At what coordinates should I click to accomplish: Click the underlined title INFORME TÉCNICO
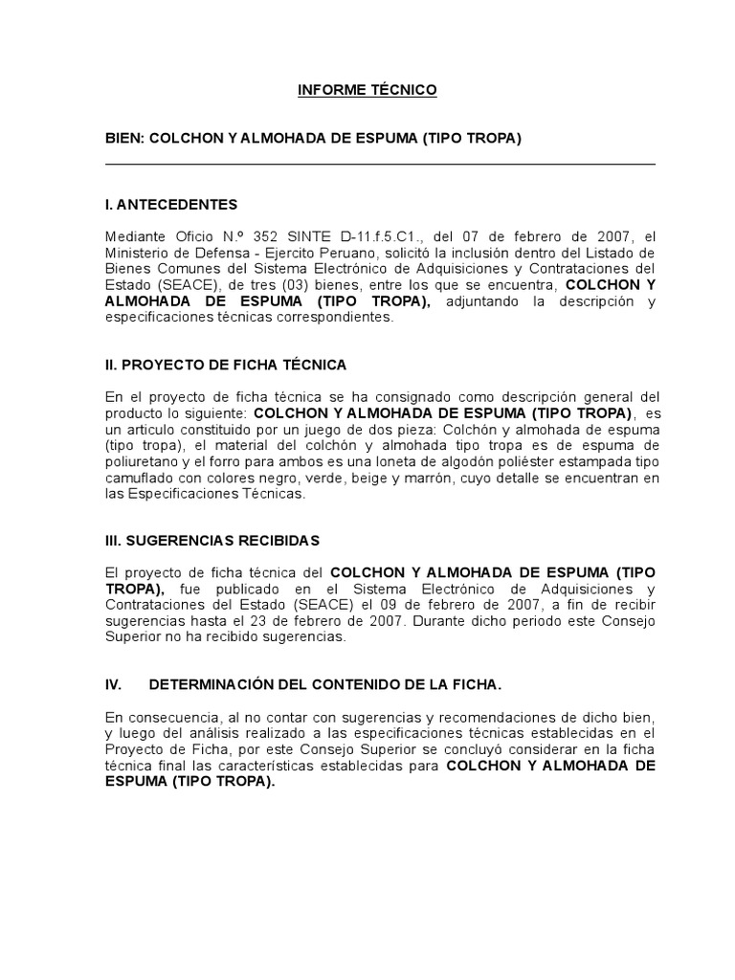point(367,90)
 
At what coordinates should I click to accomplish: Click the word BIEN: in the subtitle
point(123,139)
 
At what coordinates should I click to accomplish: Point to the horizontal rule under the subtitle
point(380,165)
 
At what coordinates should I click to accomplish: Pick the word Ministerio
point(136,253)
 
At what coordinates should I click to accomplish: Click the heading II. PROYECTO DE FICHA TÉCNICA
point(226,365)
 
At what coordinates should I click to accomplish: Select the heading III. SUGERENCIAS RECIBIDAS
point(212,541)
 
